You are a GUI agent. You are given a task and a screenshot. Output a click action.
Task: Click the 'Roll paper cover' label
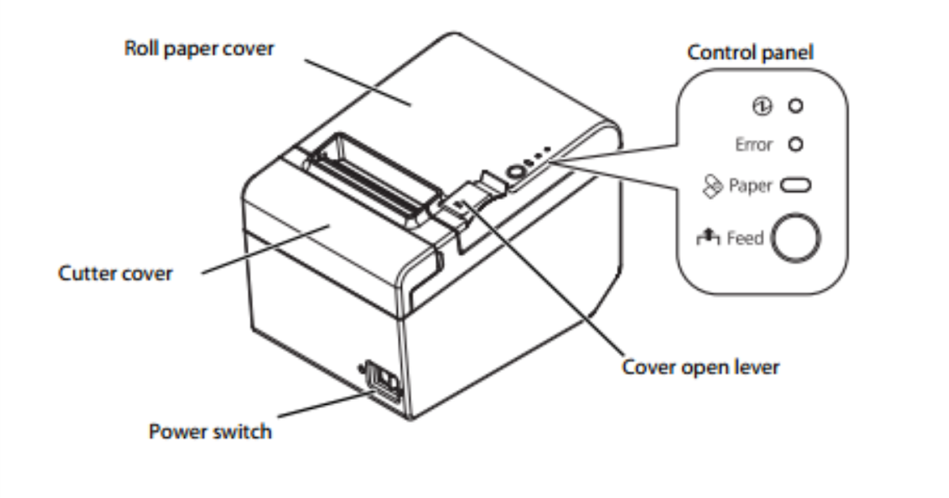click(199, 50)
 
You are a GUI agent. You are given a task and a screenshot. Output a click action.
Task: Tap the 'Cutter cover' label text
click(115, 274)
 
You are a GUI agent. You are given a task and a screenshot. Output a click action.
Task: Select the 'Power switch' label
click(210, 432)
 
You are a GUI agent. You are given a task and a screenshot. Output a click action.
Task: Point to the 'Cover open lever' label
click(701, 367)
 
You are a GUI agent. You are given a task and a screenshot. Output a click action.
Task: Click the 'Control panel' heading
click(751, 53)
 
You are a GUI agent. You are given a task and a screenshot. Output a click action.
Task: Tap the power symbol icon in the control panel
click(762, 106)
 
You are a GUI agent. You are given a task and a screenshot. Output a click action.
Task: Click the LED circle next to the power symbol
click(796, 106)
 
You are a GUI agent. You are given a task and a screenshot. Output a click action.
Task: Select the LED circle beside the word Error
click(796, 145)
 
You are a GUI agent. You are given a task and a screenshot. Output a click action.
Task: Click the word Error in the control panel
click(754, 145)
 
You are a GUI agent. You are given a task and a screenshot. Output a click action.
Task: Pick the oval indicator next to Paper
click(796, 186)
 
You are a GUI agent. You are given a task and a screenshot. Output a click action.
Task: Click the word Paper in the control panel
click(751, 186)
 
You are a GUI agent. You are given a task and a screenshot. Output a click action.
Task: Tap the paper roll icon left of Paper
click(713, 186)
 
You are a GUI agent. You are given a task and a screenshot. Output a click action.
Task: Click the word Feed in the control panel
click(745, 239)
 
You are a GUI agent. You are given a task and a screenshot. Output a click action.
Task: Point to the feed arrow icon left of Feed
click(708, 236)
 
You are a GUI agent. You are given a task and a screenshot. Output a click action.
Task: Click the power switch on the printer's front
click(382, 381)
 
